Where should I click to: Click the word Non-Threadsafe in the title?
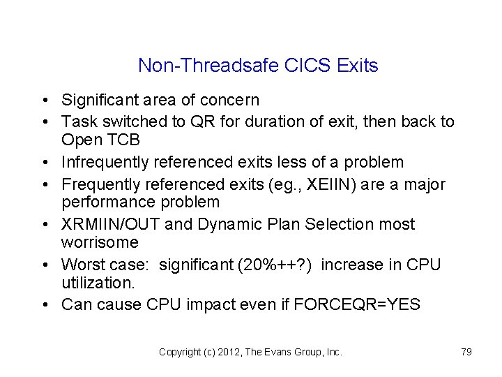coord(208,66)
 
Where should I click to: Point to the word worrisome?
coord(100,243)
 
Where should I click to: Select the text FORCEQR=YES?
coord(365,304)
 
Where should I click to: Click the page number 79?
coord(466,352)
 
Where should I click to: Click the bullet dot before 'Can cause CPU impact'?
coord(44,305)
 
